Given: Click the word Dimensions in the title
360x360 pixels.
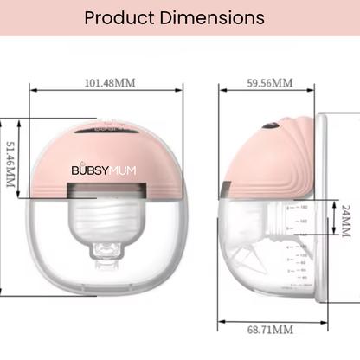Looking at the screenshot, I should pyautogui.click(x=212, y=17).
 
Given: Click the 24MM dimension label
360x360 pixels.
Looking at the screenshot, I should pyautogui.click(x=344, y=221).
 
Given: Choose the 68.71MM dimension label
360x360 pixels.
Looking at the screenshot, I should pyautogui.click(x=269, y=329).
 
